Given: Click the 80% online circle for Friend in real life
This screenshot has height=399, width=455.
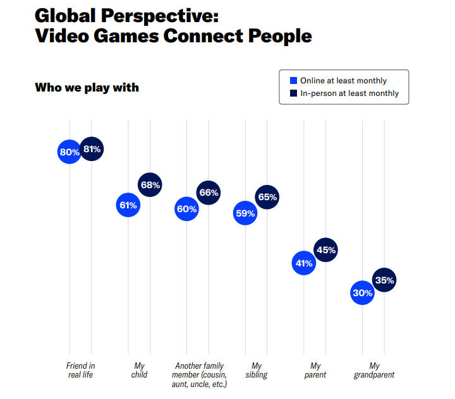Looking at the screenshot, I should [x=69, y=152].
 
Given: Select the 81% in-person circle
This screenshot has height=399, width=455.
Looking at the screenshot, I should [x=92, y=149].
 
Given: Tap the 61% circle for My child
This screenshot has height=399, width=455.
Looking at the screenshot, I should [x=128, y=205].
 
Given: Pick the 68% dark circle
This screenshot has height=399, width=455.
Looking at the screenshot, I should [x=150, y=185].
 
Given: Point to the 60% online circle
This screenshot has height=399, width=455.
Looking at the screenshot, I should [x=186, y=208].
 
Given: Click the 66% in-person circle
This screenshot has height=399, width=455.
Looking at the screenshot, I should [x=209, y=193].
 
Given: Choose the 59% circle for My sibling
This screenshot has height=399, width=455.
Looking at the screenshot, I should [x=245, y=213].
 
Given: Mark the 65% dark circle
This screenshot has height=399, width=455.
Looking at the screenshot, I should [x=267, y=197].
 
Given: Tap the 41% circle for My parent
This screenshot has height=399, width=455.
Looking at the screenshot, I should [x=303, y=263].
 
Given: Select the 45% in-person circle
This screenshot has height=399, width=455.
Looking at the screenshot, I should [x=325, y=250].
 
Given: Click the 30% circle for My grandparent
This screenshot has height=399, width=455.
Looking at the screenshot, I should [x=362, y=293].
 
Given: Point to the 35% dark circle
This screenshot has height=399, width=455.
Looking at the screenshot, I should [x=384, y=280].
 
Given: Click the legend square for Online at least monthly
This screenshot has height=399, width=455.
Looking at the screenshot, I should [x=293, y=81].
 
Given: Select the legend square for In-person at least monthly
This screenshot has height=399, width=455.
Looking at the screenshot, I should [x=293, y=93].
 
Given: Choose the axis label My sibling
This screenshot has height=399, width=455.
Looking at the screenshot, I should [x=256, y=370].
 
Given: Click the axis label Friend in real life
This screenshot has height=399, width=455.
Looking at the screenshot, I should [x=80, y=370].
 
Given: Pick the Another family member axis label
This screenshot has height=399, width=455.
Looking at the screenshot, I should [x=199, y=374].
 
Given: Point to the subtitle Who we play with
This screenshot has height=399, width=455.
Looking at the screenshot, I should [x=87, y=86].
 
